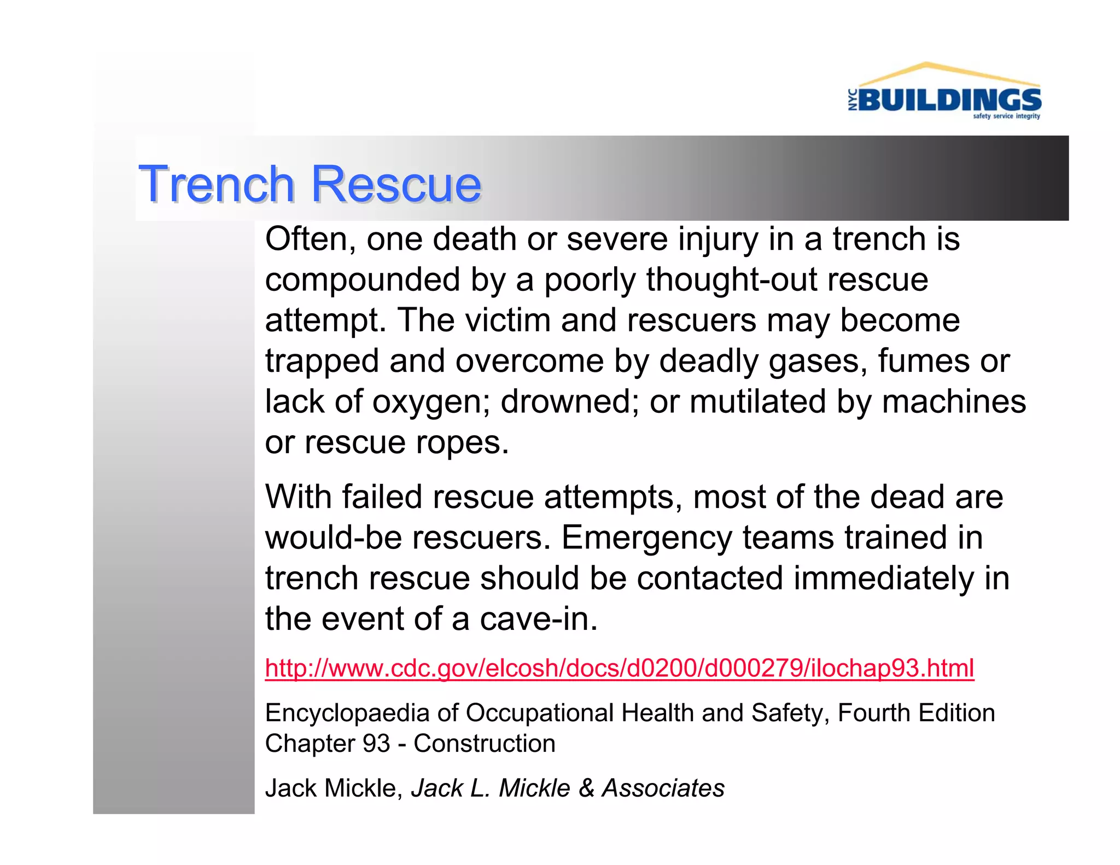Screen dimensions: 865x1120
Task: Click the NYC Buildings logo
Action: point(944,93)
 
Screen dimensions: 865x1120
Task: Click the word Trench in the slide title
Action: point(217,184)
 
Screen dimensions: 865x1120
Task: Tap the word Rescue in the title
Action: point(396,184)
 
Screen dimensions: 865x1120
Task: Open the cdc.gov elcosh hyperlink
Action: point(619,668)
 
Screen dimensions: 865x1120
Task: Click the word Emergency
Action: point(646,538)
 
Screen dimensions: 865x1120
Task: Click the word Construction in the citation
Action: point(485,744)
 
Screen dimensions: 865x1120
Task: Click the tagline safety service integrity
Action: point(1006,116)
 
